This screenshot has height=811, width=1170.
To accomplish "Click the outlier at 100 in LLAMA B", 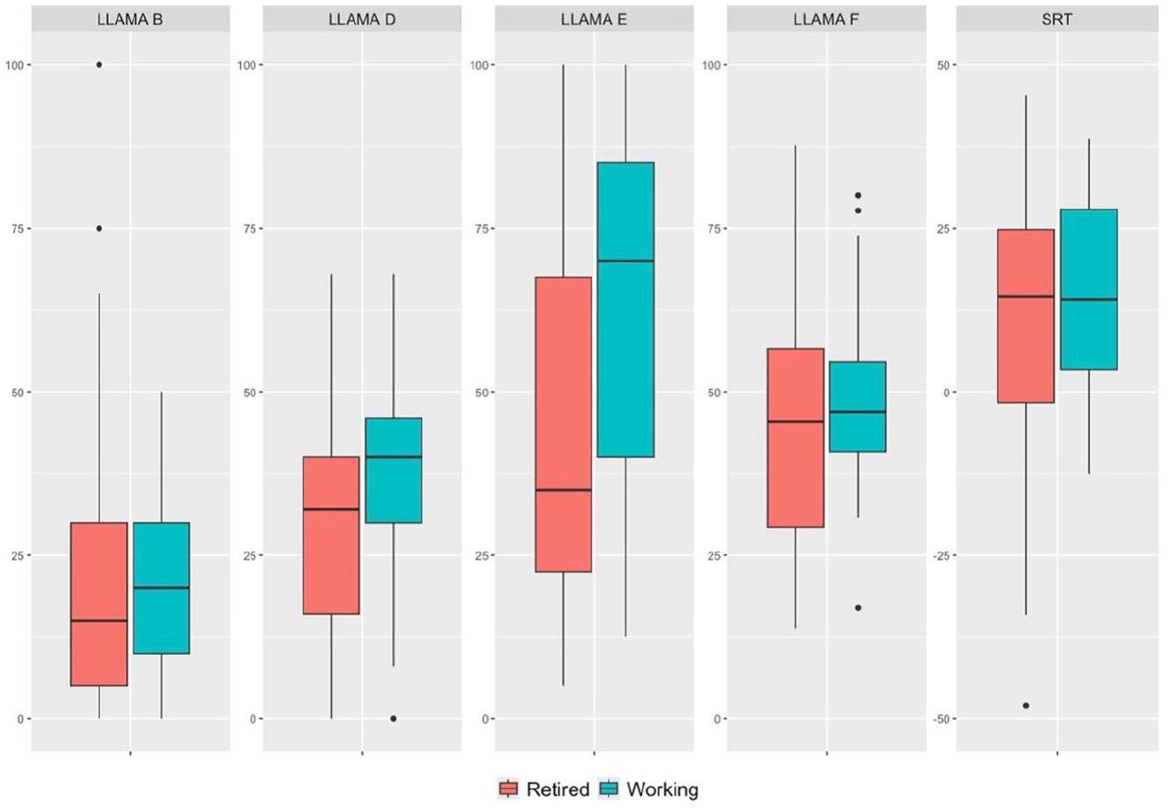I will point(99,65).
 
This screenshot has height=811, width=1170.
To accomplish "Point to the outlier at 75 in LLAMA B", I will point(99,228).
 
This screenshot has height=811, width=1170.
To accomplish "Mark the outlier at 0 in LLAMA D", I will point(394,718).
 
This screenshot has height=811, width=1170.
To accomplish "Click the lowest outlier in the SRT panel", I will point(1026,706).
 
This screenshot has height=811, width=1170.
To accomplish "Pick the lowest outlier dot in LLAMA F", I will point(857,607).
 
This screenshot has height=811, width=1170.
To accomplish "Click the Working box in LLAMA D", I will point(394,470).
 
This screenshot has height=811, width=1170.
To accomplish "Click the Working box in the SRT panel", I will point(1088,289).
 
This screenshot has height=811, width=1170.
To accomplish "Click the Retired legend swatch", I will point(509,789).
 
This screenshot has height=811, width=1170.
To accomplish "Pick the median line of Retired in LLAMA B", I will point(99,621).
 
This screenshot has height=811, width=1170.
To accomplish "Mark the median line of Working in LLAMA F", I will point(857,411).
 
